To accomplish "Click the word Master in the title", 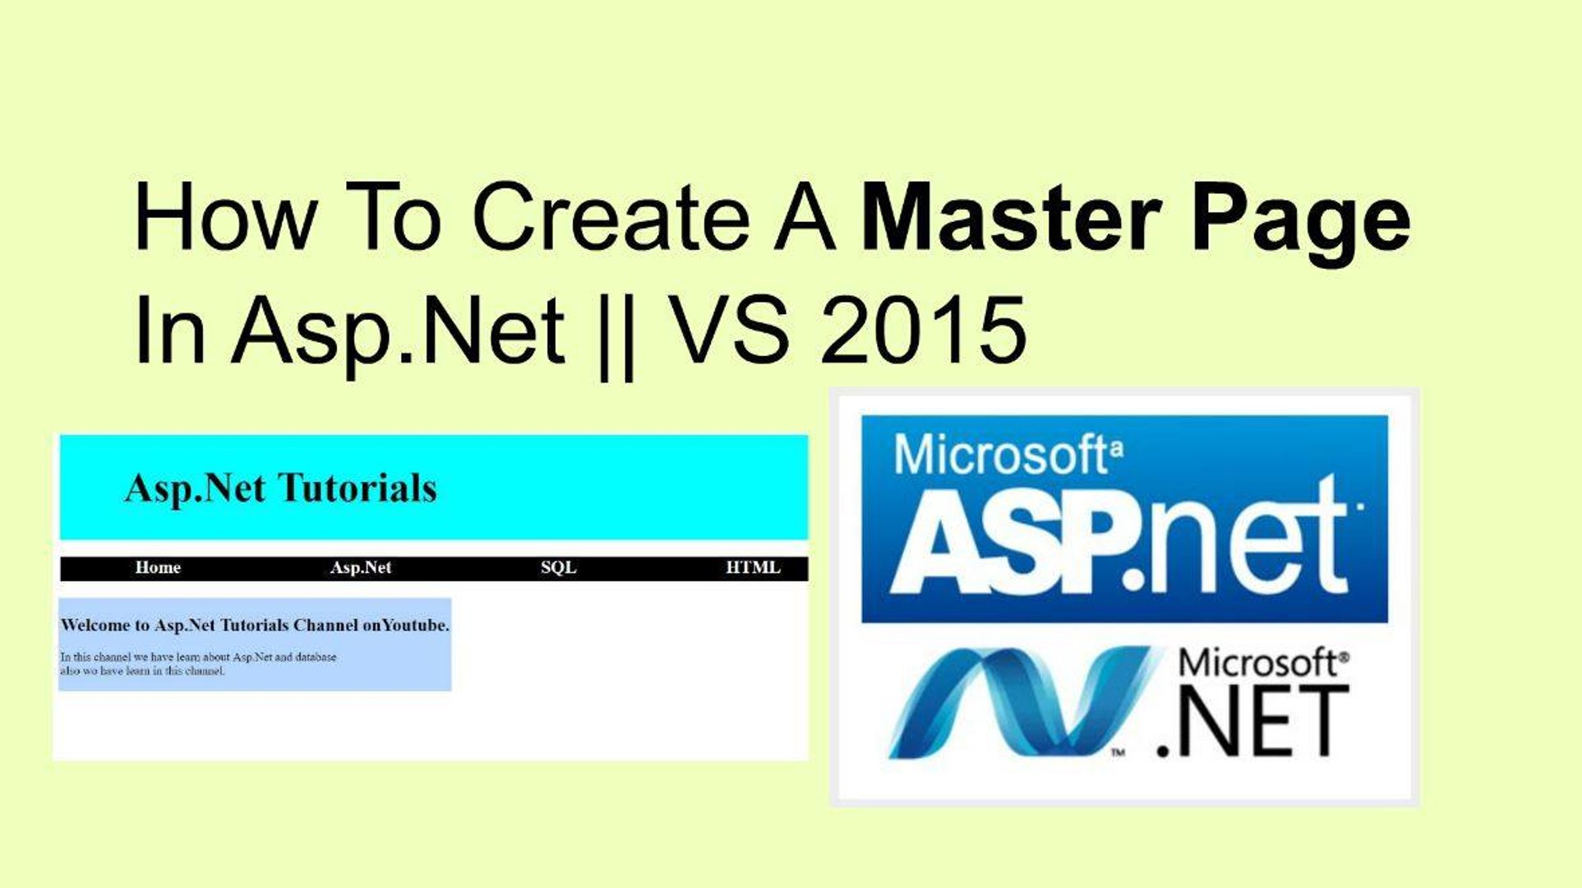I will click(x=1010, y=219).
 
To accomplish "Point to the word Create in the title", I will click(x=611, y=219).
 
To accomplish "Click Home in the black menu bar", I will click(x=158, y=568).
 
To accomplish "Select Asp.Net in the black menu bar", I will click(x=361, y=568).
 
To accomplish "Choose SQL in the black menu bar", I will click(x=558, y=568).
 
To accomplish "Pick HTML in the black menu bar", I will click(x=753, y=568).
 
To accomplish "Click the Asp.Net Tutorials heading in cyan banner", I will click(x=280, y=488).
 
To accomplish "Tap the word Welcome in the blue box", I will click(x=95, y=626).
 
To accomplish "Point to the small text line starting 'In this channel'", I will click(x=198, y=658).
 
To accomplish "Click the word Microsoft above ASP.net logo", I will click(x=1000, y=455).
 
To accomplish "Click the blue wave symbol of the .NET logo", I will click(x=1019, y=703).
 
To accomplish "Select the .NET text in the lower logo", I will click(x=1252, y=723).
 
